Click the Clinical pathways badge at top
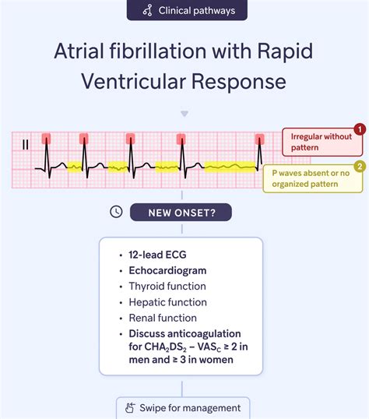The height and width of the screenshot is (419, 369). pos(184,11)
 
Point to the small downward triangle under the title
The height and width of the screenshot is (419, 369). pos(184,114)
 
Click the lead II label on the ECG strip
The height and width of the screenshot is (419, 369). pos(25,143)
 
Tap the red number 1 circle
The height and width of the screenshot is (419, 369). pos(359,129)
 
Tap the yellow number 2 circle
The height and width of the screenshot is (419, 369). pos(359,166)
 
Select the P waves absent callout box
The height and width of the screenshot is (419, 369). pos(310,178)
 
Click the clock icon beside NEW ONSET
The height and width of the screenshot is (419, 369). pos(116,211)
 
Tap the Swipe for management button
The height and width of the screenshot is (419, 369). pos(184,407)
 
